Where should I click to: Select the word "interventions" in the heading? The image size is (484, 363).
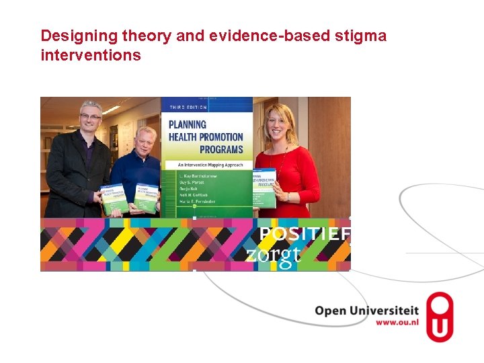coord(91,55)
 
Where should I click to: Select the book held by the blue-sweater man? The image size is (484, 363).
coord(147,198)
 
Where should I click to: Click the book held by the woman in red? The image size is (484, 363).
coord(264,188)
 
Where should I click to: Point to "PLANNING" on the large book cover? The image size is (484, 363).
coord(188,124)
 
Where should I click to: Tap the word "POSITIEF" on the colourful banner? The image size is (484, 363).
coord(305,234)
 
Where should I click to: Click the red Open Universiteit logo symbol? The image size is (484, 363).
coord(440,317)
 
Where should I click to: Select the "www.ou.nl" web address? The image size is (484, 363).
coord(397,322)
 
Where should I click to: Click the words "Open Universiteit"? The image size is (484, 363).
coord(366,311)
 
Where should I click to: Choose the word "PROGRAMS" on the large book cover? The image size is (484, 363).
coord(221,149)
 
